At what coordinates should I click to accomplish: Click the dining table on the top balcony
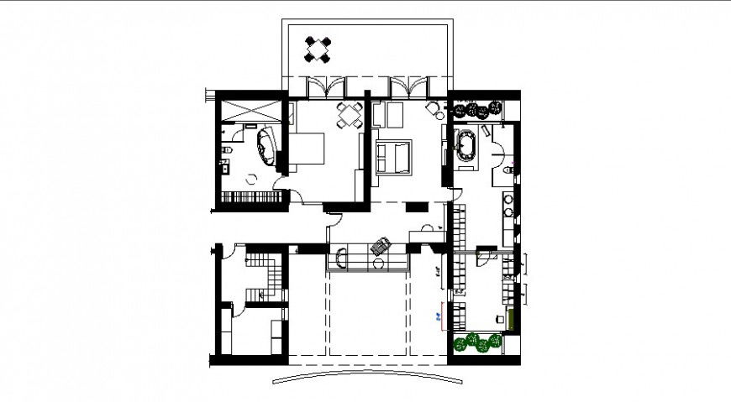[x=319, y=50]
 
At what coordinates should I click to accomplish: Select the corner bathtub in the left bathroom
[x=266, y=148]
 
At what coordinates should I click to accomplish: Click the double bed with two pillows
[x=393, y=157]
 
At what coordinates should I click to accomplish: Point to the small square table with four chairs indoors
[x=349, y=116]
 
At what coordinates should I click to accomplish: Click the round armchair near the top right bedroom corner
[x=434, y=108]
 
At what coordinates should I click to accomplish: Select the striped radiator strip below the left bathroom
[x=250, y=198]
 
